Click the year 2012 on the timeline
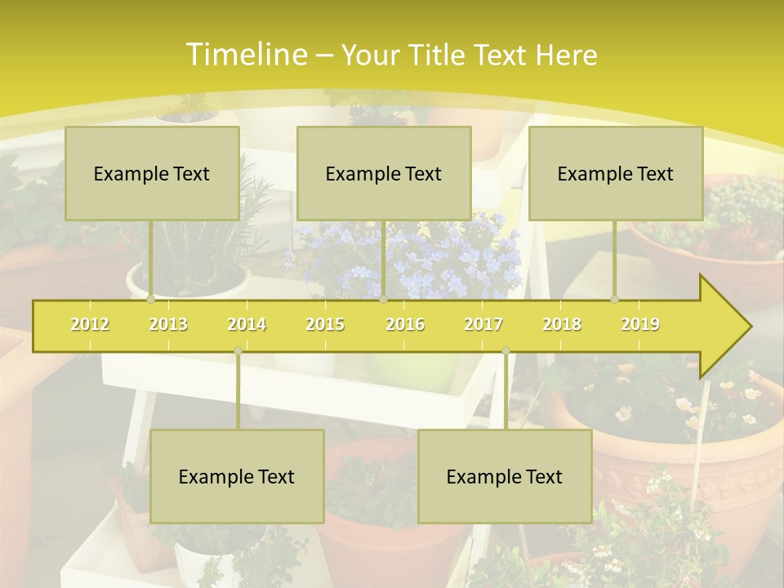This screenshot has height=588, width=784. (90, 324)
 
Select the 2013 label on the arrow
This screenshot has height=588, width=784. (168, 324)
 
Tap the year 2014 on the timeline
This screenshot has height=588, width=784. (247, 324)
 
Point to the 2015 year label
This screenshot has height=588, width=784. (325, 324)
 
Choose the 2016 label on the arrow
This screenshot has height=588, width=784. (405, 324)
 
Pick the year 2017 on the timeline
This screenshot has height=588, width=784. (483, 324)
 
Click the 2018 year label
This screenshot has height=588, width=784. (562, 324)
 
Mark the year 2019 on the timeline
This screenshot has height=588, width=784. (640, 324)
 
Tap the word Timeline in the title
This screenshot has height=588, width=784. (245, 55)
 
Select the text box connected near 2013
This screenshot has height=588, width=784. (152, 173)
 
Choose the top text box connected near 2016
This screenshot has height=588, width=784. (384, 173)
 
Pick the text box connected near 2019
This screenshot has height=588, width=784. (616, 173)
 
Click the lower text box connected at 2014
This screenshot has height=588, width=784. (237, 476)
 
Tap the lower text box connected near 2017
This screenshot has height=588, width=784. (505, 476)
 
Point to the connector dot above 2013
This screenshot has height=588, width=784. (150, 300)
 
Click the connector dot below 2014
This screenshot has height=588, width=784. (238, 350)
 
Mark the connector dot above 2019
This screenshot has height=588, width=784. (614, 300)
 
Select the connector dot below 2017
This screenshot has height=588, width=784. (506, 350)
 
